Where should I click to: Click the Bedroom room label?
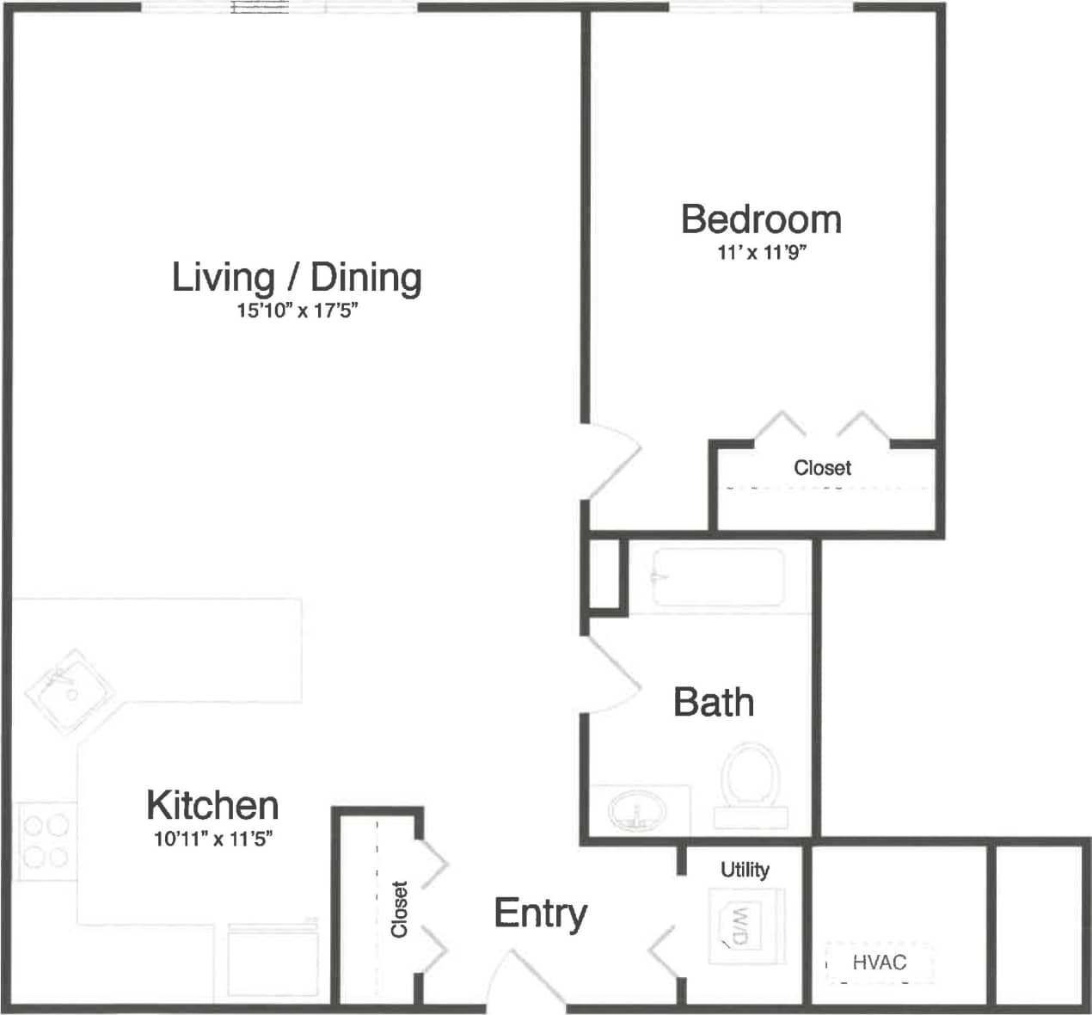761,219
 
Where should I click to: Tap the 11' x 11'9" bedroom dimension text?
761,254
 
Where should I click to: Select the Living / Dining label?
297,277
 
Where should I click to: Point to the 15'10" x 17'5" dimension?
297,311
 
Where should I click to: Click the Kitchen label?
212,806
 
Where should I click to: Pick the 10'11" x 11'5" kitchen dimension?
213,839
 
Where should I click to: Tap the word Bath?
714,703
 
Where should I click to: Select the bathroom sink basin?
637,809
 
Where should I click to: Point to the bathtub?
718,577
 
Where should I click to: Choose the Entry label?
540,913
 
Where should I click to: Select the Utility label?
745,870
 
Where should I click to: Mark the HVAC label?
879,962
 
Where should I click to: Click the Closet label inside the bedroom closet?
822,468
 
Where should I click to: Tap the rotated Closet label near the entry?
399,908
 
